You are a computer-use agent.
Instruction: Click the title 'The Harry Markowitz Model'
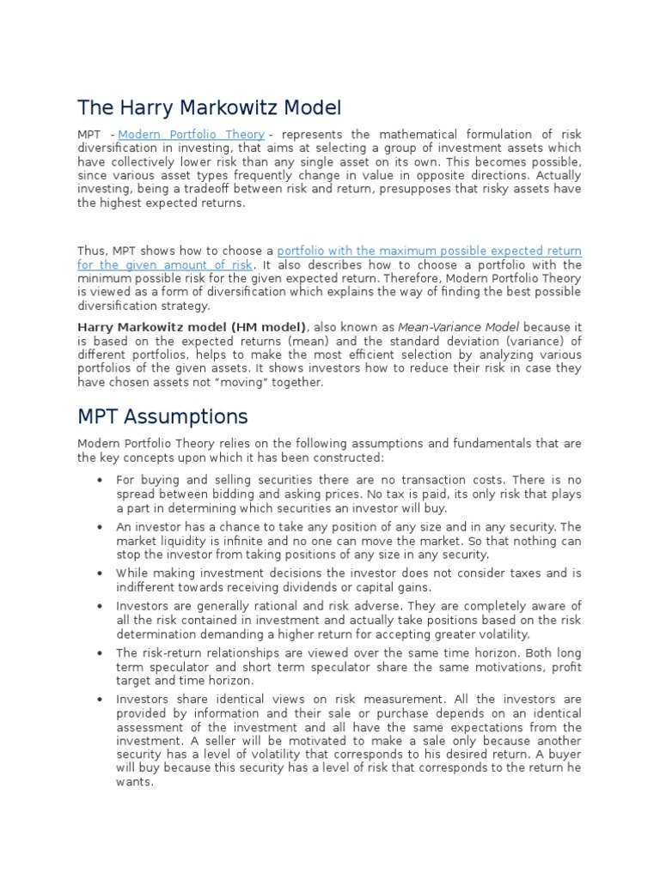coord(209,108)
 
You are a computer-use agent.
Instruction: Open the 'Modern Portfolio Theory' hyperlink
coord(192,135)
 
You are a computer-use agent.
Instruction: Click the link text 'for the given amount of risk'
coord(165,265)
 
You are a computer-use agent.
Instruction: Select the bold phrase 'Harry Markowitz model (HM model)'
coord(192,327)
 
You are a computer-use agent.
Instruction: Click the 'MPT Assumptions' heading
coord(162,417)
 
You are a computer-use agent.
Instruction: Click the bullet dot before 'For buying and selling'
coord(102,481)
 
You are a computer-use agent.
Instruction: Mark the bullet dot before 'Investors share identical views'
coord(102,700)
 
